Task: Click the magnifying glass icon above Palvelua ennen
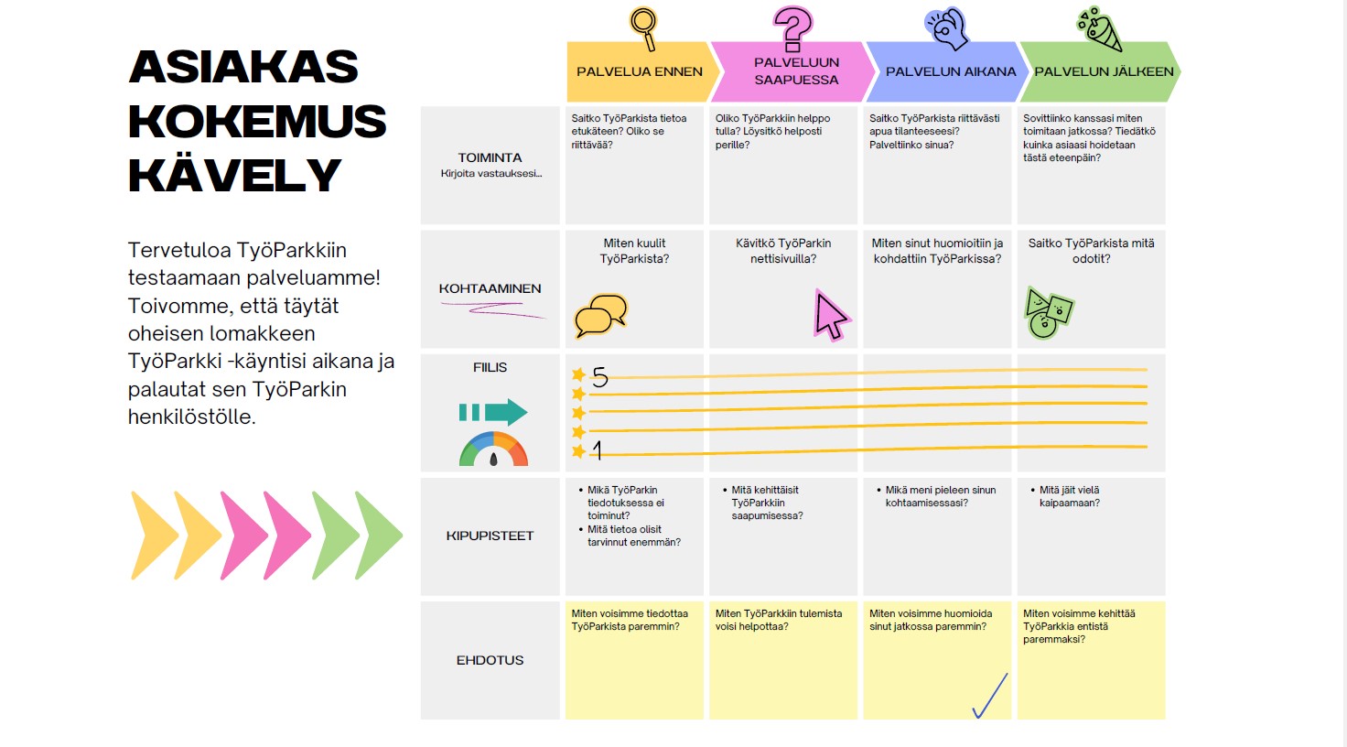pyautogui.click(x=643, y=28)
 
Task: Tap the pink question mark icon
pyautogui.click(x=792, y=28)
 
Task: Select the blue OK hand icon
pyautogui.click(x=946, y=27)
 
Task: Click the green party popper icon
pyautogui.click(x=1099, y=28)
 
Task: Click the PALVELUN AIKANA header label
pyautogui.click(x=951, y=71)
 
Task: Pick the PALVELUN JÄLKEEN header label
pyautogui.click(x=1104, y=71)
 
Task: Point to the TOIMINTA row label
pyautogui.click(x=490, y=157)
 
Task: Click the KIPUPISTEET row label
pyautogui.click(x=490, y=536)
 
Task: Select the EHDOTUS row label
pyautogui.click(x=490, y=660)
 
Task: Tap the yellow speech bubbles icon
pyautogui.click(x=600, y=316)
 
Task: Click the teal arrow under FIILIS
pyautogui.click(x=493, y=413)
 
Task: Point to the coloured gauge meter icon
pyautogui.click(x=494, y=449)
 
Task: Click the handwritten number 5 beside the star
pyautogui.click(x=599, y=377)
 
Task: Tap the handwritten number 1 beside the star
pyautogui.click(x=598, y=449)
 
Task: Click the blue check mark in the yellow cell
pyautogui.click(x=990, y=696)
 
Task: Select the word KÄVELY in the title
pyautogui.click(x=234, y=175)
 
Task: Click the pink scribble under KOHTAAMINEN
pyautogui.click(x=493, y=310)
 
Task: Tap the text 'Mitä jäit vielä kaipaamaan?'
pyautogui.click(x=1069, y=497)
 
